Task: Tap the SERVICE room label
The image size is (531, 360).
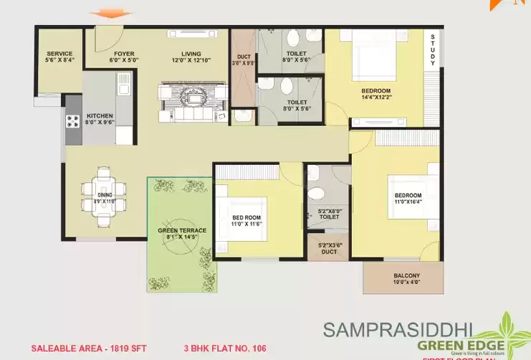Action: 59,54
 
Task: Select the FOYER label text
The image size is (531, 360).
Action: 123,54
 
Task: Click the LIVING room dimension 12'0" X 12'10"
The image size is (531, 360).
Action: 191,61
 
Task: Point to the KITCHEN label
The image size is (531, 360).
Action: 100,115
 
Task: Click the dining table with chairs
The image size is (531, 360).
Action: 105,191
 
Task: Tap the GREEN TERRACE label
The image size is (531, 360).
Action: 181,231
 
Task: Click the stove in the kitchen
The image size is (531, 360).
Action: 74,122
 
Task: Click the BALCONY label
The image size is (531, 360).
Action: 406,276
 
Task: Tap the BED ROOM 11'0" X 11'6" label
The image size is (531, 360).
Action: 246,222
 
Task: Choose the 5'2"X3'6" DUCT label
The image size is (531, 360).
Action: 329,248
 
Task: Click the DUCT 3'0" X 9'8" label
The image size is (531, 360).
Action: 244,60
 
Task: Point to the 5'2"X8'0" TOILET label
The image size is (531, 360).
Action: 329,213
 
